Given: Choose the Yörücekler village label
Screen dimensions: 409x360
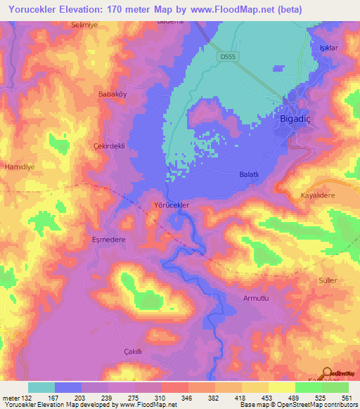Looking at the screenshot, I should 172,205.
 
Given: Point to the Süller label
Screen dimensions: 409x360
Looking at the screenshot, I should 328,280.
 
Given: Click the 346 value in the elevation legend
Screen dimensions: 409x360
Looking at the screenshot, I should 168,398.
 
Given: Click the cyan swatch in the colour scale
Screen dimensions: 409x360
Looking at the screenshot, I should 41,387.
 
